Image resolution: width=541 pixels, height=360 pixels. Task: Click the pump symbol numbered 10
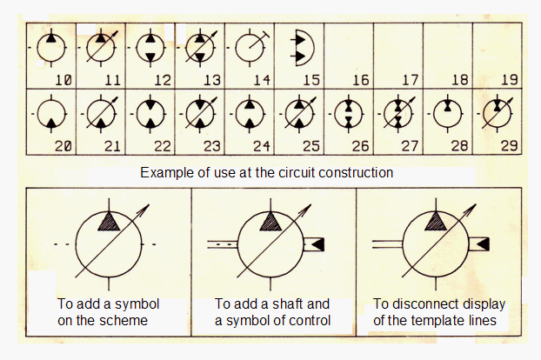coord(51,48)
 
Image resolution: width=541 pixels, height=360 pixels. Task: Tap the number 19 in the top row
coord(510,80)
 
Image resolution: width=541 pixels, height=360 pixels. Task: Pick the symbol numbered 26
coord(349,114)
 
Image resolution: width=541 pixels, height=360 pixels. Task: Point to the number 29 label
coord(510,146)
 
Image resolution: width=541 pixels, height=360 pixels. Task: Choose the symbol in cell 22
coord(150,114)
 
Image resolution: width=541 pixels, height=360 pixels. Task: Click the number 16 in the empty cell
coord(361,80)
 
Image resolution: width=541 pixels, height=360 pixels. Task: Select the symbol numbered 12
coord(150,48)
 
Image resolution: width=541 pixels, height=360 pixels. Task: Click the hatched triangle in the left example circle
coord(109,222)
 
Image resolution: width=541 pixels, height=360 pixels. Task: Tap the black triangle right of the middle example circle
coord(318,244)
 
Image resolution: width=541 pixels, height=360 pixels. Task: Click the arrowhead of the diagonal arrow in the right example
coord(472,208)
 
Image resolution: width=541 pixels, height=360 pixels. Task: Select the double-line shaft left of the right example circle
coord(387,244)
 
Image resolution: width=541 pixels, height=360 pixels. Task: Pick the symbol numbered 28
coord(447,114)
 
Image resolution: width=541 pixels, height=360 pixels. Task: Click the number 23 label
coord(212,146)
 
